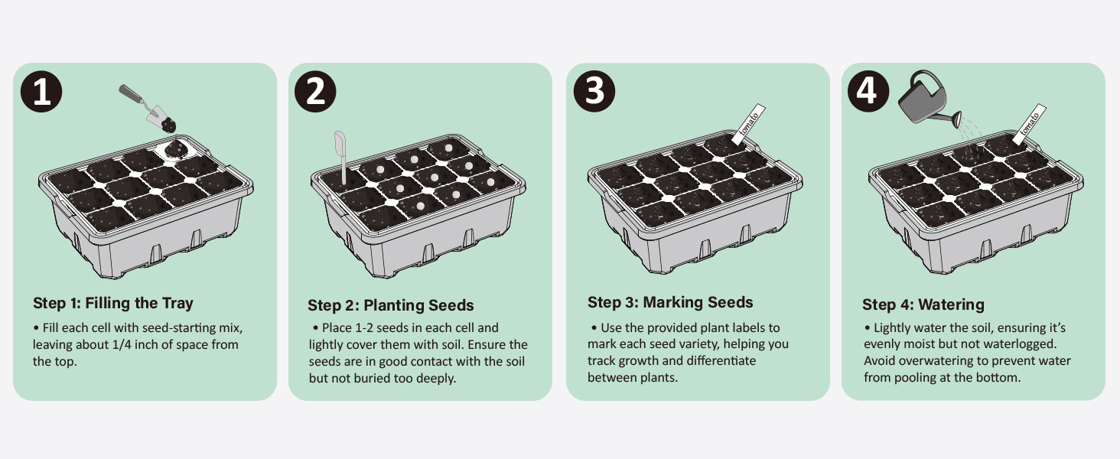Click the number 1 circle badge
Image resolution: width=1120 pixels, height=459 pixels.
(41, 92)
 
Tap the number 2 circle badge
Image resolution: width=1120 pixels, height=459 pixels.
(315, 92)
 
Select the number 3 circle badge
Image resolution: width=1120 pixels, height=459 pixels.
(594, 91)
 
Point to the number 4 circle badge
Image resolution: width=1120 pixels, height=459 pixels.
(868, 91)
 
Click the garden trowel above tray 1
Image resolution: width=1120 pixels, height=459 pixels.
(142, 103)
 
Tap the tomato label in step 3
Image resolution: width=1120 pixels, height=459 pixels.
(748, 123)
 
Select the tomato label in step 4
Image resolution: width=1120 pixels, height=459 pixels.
(1029, 123)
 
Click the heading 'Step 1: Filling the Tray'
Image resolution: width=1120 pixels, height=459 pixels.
(113, 303)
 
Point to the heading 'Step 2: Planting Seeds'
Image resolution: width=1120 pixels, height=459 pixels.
(390, 305)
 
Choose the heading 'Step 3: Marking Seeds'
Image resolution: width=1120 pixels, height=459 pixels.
(670, 302)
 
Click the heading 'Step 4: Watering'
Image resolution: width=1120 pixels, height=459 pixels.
(923, 304)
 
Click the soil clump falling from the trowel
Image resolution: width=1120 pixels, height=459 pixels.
(169, 125)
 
